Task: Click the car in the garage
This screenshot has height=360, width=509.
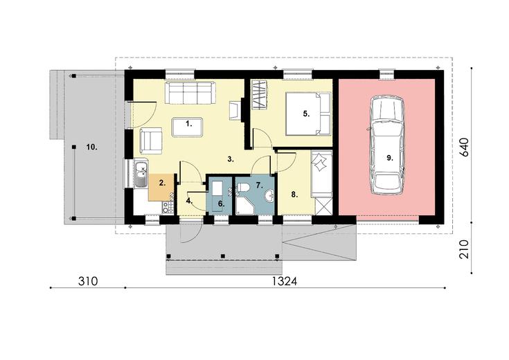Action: pos(388,145)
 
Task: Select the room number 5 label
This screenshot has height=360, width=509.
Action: pos(306,114)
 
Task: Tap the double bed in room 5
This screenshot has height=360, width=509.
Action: pos(307,114)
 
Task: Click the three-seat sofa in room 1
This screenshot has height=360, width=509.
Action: pos(190,93)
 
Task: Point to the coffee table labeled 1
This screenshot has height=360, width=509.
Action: pos(188,127)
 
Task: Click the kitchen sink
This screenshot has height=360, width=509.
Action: pos(141,174)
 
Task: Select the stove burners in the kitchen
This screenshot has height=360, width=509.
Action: pos(168,208)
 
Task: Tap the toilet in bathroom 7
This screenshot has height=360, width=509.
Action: pos(243,188)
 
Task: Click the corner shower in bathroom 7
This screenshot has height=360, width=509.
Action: pos(244,204)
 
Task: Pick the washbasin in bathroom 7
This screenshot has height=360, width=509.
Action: pos(269,196)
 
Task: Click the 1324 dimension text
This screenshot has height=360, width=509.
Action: pos(285,281)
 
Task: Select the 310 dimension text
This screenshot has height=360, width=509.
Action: pos(88,281)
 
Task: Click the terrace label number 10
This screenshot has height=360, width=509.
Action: pos(92,147)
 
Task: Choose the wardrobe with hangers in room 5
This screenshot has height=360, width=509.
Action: pos(259,96)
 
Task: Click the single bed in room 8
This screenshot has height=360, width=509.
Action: pos(322,174)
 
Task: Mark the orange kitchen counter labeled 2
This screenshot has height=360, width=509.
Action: pos(161,187)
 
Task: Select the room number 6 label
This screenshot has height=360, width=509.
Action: pos(221,204)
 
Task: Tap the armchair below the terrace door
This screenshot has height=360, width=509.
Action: pos(151,141)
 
